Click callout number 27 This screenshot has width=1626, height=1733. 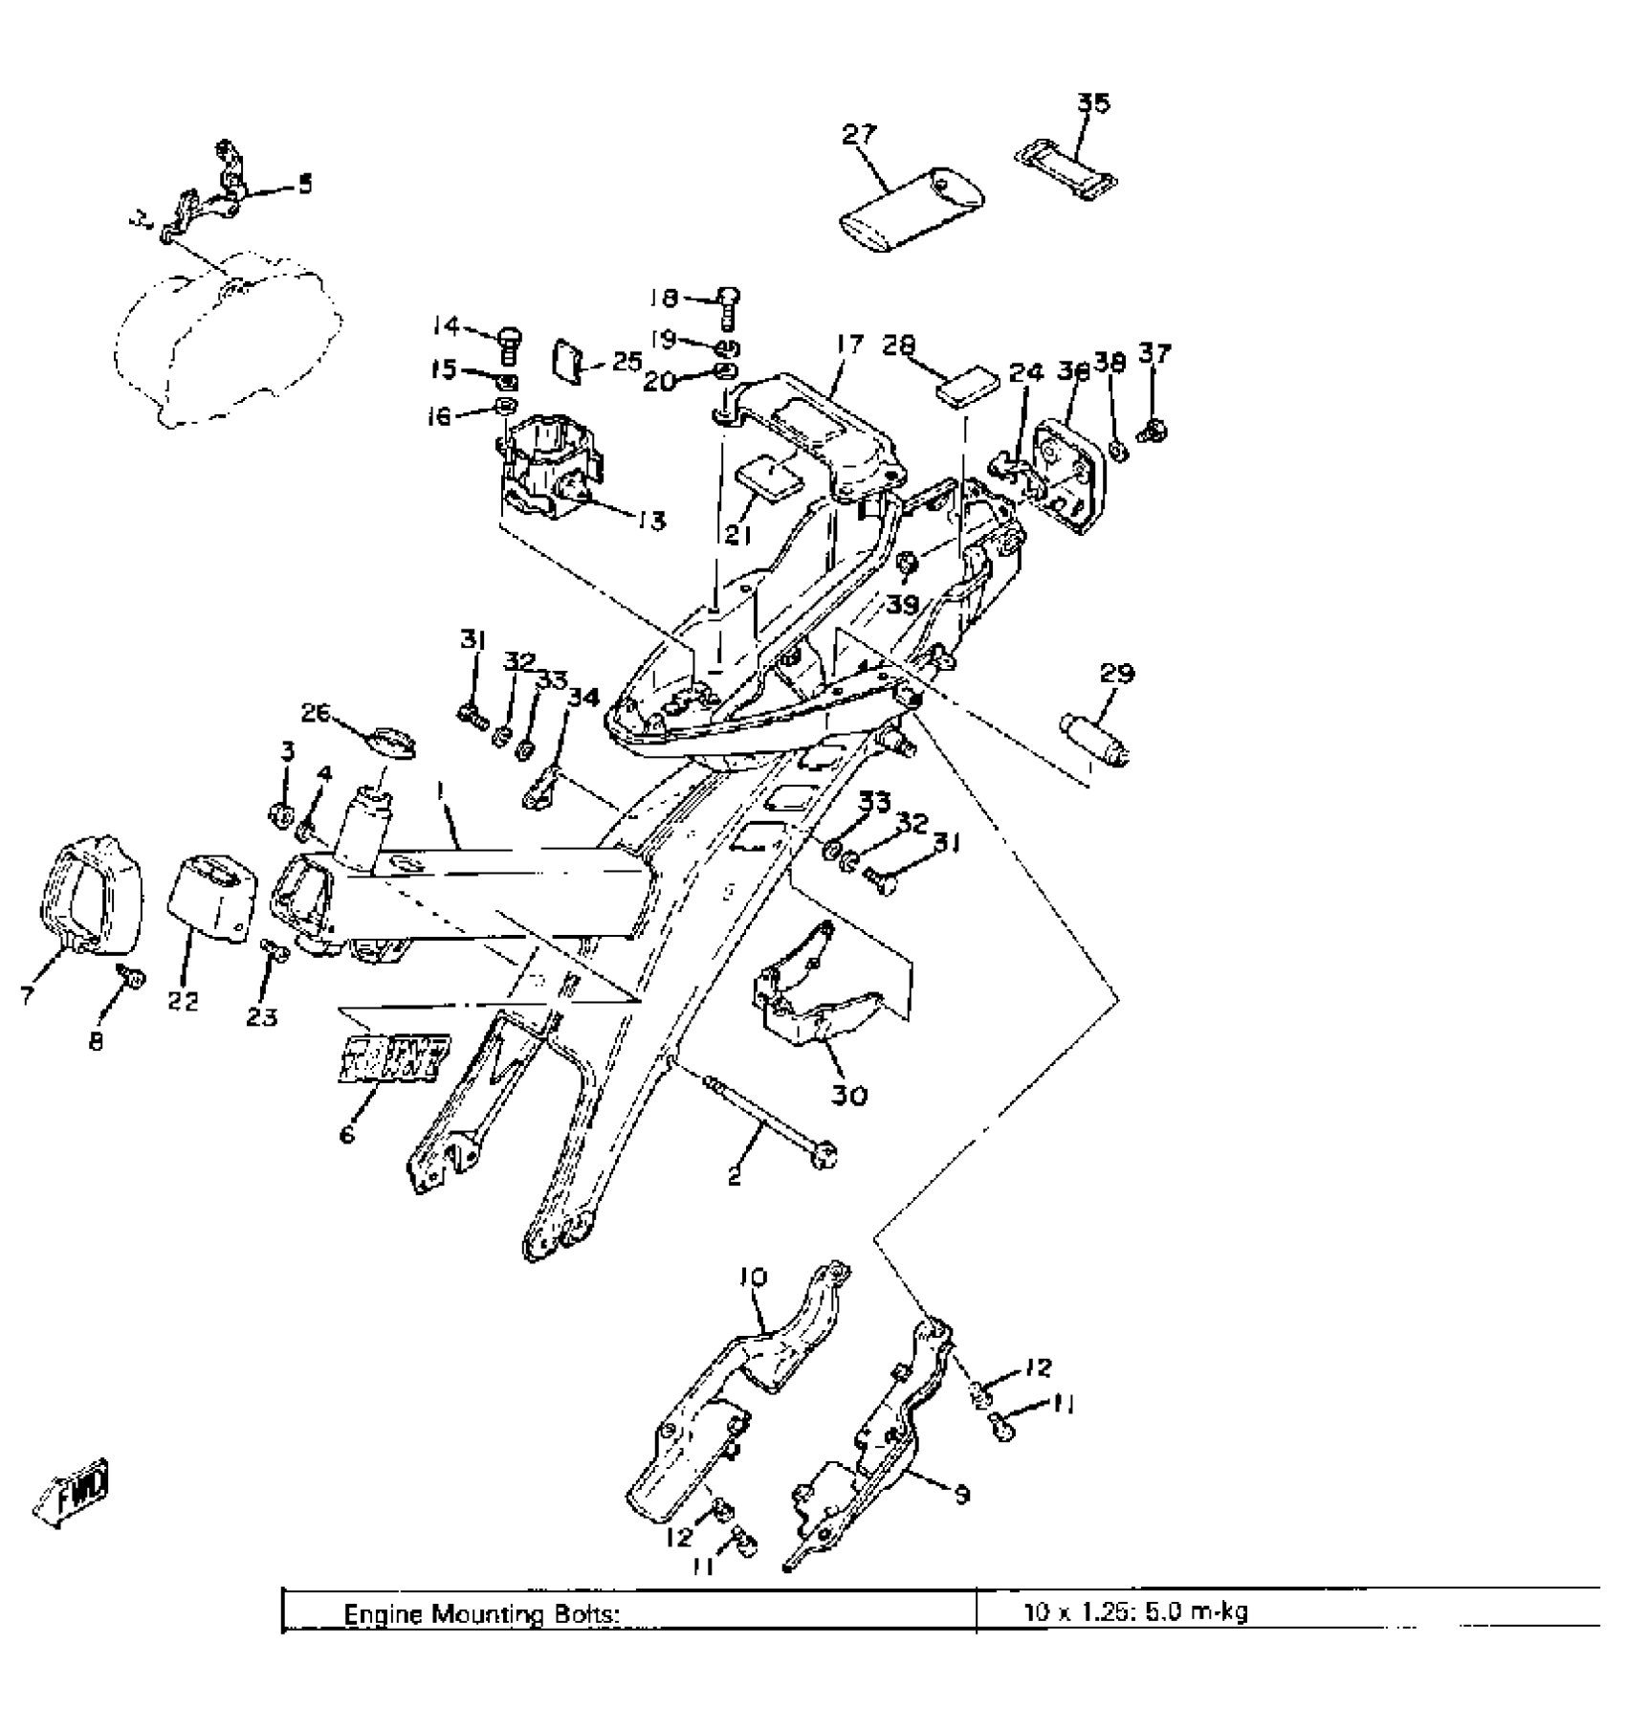(x=858, y=134)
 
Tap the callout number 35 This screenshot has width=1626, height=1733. (x=1093, y=103)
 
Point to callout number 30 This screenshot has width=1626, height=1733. (x=849, y=1094)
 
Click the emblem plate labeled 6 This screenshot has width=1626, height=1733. (x=393, y=1059)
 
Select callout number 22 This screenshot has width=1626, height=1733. (x=184, y=1001)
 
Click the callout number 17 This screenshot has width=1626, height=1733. (x=848, y=344)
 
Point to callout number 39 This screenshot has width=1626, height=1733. (x=903, y=604)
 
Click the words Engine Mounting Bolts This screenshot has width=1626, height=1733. (x=482, y=1614)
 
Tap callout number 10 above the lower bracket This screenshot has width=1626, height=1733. (x=753, y=1277)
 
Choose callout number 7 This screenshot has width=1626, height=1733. (x=27, y=996)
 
